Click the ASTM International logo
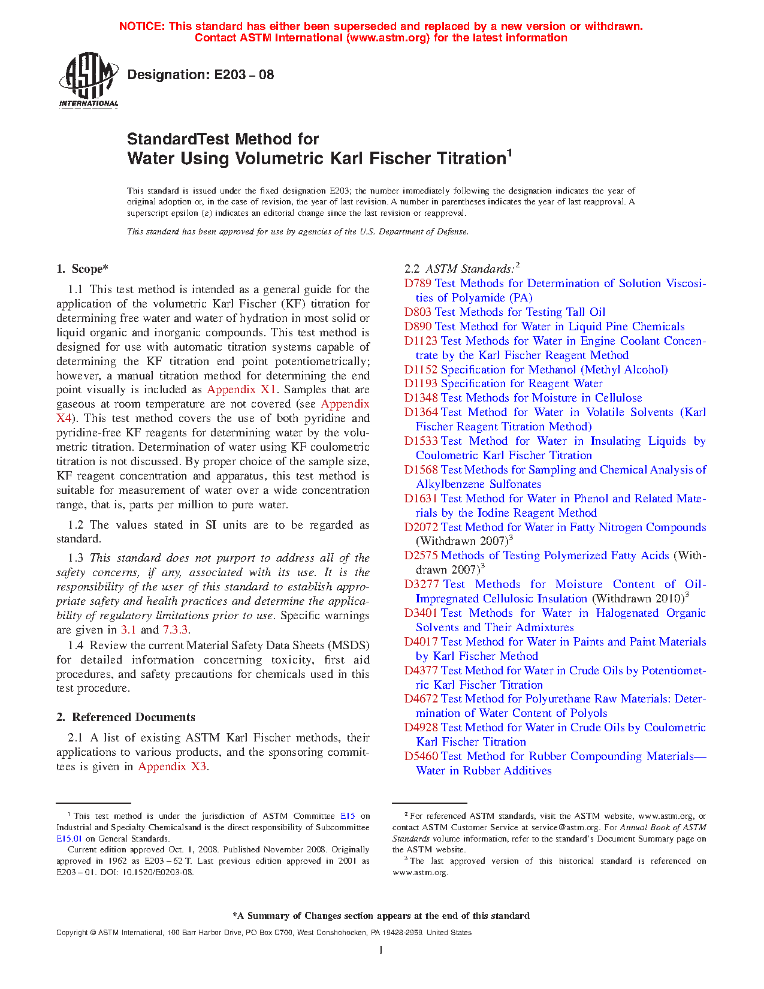[x=89, y=80]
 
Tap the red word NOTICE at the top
[x=141, y=26]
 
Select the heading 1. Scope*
[x=83, y=269]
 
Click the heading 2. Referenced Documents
[x=126, y=717]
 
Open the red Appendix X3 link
[x=173, y=767]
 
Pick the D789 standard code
[x=418, y=284]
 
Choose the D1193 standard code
[x=421, y=384]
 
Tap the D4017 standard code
[x=421, y=642]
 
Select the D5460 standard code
[x=421, y=756]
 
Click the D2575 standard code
[x=421, y=556]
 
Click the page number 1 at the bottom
[x=381, y=949]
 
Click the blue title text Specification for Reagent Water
[x=521, y=384]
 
